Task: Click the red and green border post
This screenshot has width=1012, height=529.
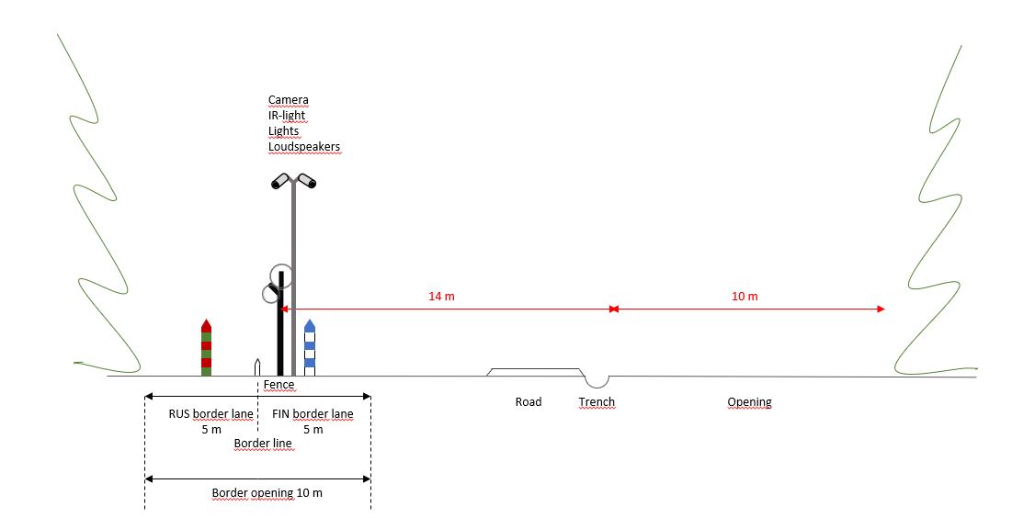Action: [206, 347]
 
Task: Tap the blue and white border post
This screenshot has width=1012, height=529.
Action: [310, 347]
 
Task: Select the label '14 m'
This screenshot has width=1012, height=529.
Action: [441, 296]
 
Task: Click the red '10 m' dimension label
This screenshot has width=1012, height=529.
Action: [745, 296]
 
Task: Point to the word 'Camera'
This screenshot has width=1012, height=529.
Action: [289, 100]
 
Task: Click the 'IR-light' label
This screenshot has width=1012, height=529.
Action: [287, 116]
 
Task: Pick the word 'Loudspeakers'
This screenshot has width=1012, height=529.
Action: [304, 146]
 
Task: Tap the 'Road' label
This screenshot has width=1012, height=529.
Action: [528, 402]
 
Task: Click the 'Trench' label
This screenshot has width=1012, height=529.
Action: [597, 402]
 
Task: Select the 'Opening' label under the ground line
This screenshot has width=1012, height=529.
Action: [749, 402]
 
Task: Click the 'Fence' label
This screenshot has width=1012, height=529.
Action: [279, 385]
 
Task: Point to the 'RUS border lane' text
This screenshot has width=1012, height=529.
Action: [211, 413]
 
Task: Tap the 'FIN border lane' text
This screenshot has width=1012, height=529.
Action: [313, 413]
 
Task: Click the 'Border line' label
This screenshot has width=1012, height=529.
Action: [263, 444]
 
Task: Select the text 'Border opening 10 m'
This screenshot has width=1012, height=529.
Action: [267, 493]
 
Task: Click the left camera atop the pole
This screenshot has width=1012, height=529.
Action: [280, 181]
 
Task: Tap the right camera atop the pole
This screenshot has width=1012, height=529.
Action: [307, 181]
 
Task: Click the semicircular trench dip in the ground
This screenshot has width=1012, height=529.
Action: [597, 381]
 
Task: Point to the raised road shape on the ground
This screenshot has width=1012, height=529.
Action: [535, 372]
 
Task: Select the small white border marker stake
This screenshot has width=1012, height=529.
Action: [257, 367]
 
